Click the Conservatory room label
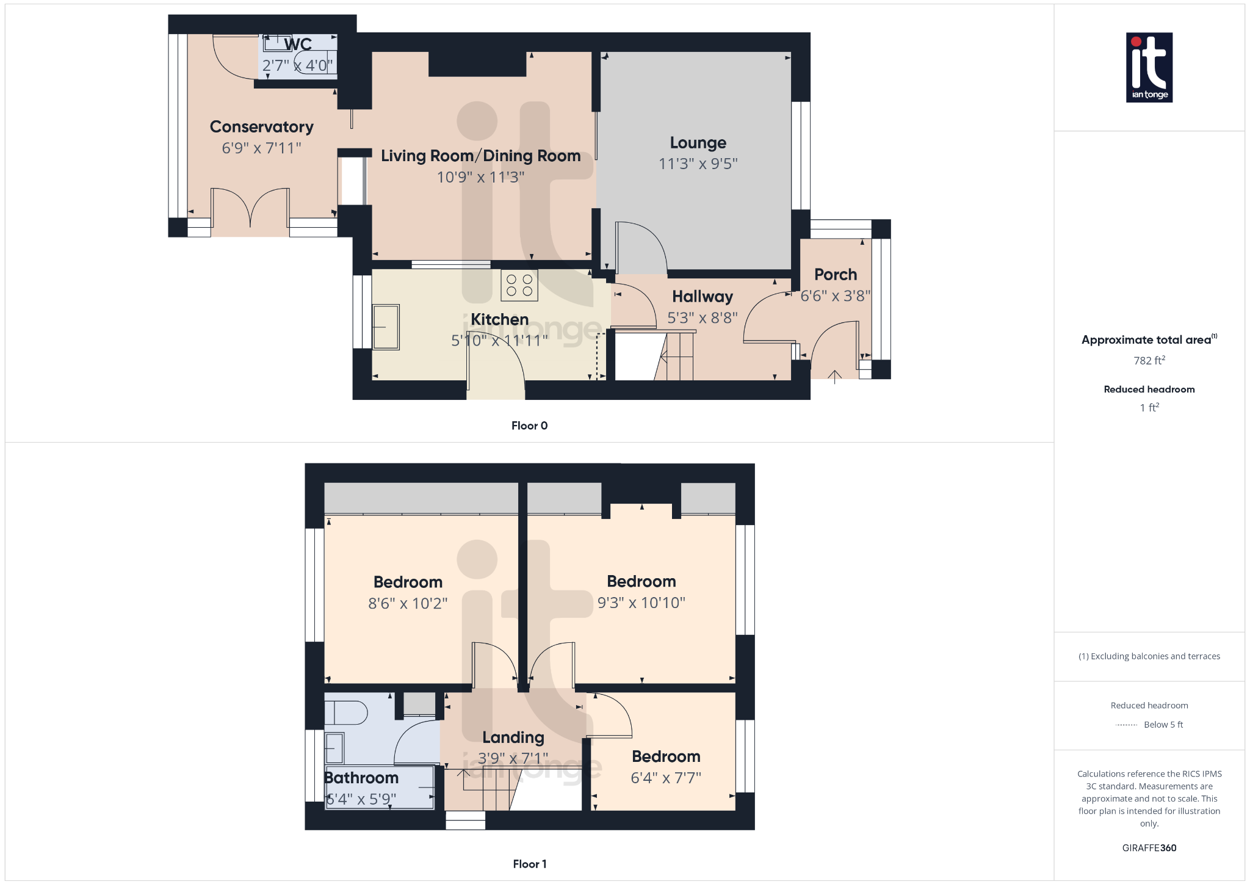click(261, 127)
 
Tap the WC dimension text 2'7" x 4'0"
click(297, 65)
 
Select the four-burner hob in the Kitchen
click(519, 285)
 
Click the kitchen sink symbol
click(386, 327)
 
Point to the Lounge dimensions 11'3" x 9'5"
click(698, 164)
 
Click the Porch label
click(835, 275)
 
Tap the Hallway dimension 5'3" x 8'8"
click(702, 317)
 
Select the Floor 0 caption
click(529, 426)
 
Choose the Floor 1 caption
click(529, 864)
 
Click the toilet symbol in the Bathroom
click(346, 712)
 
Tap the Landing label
click(513, 737)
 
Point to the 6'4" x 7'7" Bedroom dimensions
click(665, 778)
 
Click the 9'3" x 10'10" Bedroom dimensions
click(641, 603)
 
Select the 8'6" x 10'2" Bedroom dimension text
click(408, 603)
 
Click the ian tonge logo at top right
click(1149, 67)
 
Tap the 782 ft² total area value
click(1149, 361)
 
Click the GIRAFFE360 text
click(1149, 848)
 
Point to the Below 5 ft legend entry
click(1163, 725)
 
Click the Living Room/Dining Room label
click(480, 156)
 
